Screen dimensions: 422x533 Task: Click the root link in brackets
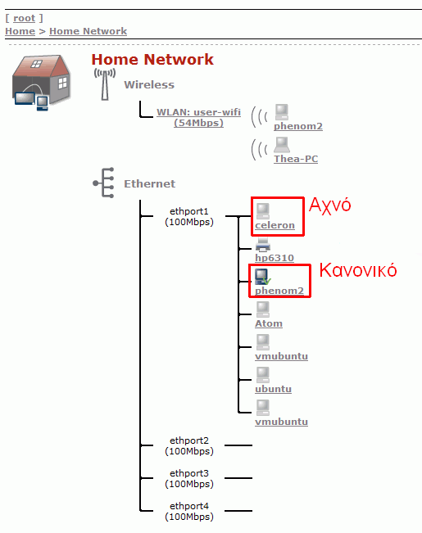point(24,18)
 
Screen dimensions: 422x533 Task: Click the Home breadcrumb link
point(20,31)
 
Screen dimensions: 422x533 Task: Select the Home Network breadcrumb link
point(88,31)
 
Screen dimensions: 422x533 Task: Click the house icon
point(42,83)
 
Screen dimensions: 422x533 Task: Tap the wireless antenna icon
point(105,84)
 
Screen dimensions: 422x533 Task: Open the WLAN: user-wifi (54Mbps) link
point(199,117)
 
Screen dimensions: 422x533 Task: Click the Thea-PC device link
point(296,159)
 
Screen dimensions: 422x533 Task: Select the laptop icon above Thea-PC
point(282,145)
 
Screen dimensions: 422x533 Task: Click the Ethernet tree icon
point(104,183)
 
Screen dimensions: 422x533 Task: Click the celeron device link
point(275,225)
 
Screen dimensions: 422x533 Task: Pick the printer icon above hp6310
point(263,245)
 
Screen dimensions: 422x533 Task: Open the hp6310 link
point(275,258)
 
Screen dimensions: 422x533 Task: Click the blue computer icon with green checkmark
point(263,277)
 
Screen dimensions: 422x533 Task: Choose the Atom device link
point(269,323)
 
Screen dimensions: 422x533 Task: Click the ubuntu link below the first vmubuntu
point(274,389)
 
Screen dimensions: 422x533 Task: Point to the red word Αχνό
point(329,206)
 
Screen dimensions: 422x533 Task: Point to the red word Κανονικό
point(358,270)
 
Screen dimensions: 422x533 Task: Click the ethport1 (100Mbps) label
point(189,216)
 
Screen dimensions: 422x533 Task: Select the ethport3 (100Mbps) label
point(189,478)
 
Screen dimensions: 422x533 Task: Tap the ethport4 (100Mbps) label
point(189,511)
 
